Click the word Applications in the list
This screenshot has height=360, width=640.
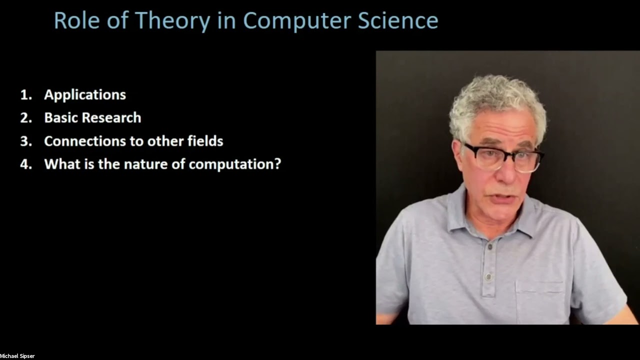[x=85, y=95]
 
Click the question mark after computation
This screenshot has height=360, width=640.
[x=277, y=164]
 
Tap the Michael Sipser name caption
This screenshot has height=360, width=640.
[x=17, y=356]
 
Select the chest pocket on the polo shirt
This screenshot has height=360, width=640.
[x=540, y=300]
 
